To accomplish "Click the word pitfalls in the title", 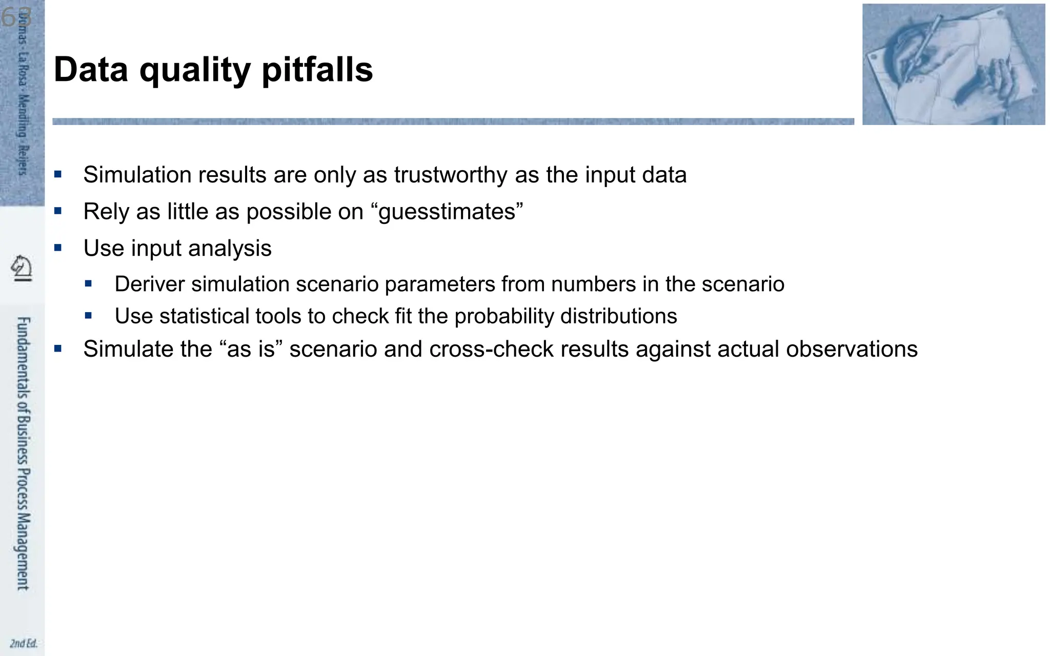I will point(317,70).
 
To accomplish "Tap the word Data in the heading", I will point(91,70).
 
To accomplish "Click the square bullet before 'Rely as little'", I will point(58,211).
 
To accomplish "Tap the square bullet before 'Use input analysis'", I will point(58,248).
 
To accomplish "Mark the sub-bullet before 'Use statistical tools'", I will point(89,316).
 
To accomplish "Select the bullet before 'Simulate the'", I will point(58,348).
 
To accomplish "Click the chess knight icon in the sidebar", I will point(22,268).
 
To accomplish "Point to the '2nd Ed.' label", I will point(24,643).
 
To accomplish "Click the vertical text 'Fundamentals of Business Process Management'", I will point(23,454).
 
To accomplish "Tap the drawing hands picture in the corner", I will point(953,64).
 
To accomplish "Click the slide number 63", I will point(15,17).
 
